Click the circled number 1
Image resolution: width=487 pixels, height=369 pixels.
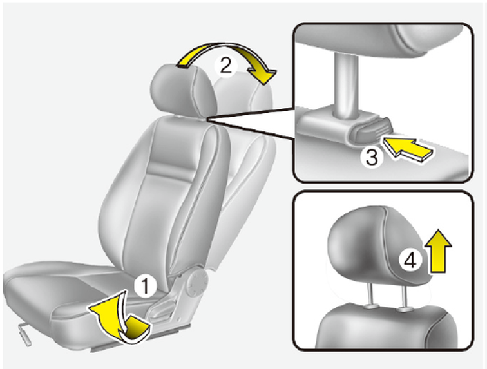145,287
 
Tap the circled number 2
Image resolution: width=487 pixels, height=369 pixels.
226,66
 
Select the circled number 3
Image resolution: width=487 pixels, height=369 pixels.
372,157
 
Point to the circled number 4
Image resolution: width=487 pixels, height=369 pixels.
410,260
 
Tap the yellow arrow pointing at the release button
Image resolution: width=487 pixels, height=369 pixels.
408,149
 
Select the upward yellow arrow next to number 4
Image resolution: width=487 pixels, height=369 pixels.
438,251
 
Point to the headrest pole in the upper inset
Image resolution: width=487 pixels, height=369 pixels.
345,84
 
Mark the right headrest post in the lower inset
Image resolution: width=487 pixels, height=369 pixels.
404,298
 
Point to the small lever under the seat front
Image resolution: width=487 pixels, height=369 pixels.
25,334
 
